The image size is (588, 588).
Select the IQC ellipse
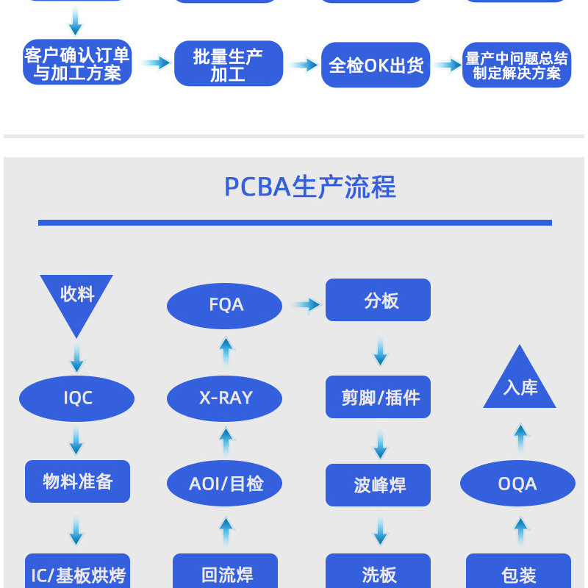[77, 398]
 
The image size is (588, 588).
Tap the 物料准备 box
[77, 481]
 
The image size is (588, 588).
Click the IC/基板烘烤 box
[77, 573]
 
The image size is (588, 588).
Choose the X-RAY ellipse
[225, 398]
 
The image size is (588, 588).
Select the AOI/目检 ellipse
[225, 484]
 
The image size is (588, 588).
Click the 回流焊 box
[225, 573]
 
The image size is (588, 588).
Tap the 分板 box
[379, 300]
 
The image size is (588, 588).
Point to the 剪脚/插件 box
[379, 398]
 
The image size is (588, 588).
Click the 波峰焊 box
[379, 485]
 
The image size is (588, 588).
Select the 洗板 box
[379, 573]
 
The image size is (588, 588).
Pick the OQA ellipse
[517, 484]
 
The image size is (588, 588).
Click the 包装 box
[518, 573]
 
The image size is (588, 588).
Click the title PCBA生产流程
[309, 187]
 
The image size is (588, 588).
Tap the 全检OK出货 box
[376, 65]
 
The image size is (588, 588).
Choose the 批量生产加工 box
[228, 65]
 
